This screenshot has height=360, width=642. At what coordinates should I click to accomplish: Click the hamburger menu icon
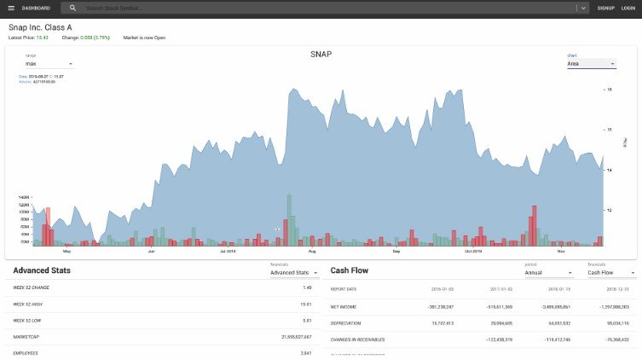point(11,8)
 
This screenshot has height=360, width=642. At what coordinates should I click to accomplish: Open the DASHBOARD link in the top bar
point(36,8)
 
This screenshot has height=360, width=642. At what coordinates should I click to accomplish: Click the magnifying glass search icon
point(73,8)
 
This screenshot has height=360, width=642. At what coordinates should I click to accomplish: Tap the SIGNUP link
point(605,8)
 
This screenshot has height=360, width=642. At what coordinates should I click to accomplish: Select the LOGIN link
point(628,8)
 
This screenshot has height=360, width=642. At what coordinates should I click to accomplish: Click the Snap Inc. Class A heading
point(46,27)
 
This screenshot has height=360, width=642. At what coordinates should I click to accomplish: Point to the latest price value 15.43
point(41,38)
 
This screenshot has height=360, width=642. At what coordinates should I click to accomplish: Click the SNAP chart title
point(321,55)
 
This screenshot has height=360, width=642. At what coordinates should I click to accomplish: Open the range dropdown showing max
point(49,64)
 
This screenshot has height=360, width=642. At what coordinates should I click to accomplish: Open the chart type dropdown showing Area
point(591,64)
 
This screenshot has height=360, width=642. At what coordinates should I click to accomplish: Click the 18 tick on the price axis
point(609,89)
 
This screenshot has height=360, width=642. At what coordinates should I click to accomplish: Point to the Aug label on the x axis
point(311,252)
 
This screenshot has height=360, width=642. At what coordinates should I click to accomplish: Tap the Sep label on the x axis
point(396,252)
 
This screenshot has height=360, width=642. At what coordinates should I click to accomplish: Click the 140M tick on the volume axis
point(24,197)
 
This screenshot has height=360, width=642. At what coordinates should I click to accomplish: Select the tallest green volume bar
point(289,219)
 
